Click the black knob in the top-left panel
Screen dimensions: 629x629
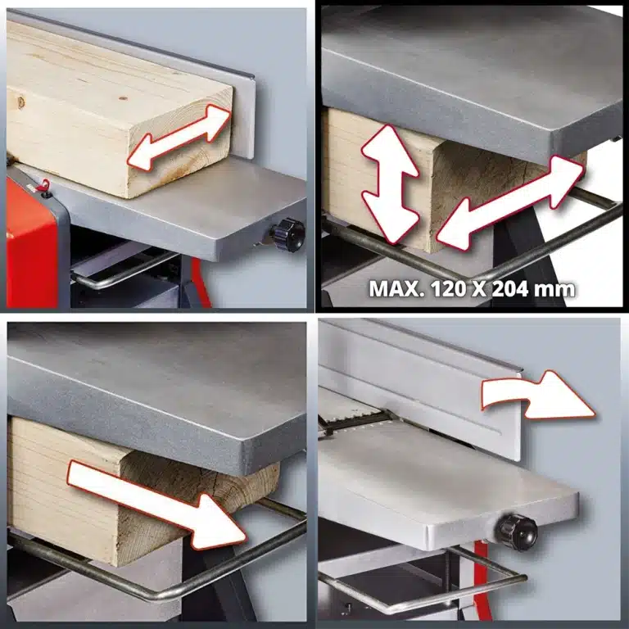[288, 234]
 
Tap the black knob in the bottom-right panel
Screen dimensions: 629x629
[518, 532]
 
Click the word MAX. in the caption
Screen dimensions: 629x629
[396, 288]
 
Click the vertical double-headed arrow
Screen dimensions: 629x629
[390, 184]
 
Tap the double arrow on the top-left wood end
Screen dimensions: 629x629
[179, 138]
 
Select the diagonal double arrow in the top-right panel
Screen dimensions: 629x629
[509, 203]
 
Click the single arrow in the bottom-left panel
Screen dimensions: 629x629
[156, 505]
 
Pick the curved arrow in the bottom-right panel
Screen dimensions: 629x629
[537, 395]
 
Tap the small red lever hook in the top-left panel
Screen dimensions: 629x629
[43, 185]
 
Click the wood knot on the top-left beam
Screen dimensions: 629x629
[20, 102]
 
